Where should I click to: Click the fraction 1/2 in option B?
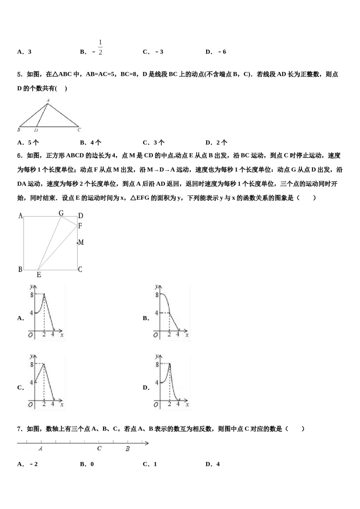pos(100,47)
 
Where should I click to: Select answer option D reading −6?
pos(216,52)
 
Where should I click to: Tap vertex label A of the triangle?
pos(48,100)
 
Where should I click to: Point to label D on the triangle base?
pos(36,130)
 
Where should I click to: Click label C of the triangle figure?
pos(79,130)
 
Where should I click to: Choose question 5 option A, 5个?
pos(28,143)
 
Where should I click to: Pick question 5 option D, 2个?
pos(216,143)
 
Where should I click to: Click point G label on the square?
pos(61,213)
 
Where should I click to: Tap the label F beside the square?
pos(80,226)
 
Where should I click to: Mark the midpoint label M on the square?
pos(81,242)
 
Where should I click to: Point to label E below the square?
pos(39,275)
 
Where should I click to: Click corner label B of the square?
pos(20,270)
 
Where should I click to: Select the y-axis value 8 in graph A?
pos(32,294)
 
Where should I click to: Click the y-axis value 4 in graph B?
pos(156,313)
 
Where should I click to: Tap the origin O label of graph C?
pos(30,404)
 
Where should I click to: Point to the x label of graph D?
pos(187,405)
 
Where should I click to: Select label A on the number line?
pos(41,448)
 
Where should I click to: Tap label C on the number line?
pos(99,448)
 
